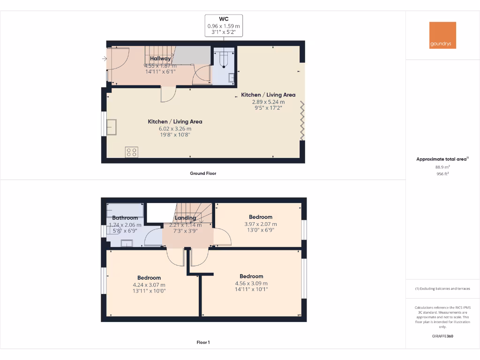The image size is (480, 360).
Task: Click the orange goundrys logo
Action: pos(442,35)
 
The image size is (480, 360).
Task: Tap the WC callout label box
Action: pos(224,26)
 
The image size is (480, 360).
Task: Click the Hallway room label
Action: pos(160,59)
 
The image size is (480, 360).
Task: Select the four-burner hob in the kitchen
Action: pos(132,152)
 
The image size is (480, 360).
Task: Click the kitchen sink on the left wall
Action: pos(112,127)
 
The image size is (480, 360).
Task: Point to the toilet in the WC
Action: pos(224,59)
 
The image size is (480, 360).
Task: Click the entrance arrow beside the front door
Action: pos(104,59)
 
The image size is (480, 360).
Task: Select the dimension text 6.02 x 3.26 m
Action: pos(169,128)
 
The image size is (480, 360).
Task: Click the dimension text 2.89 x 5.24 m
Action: pos(268,102)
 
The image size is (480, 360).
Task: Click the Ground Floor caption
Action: pos(203,173)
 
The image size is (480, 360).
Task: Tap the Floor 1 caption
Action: pos(203,343)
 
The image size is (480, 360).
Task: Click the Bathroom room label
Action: pos(125,218)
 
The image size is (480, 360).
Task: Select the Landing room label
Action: pos(185,218)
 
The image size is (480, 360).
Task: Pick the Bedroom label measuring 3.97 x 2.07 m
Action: pos(261,217)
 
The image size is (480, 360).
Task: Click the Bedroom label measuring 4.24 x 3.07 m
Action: pos(149,278)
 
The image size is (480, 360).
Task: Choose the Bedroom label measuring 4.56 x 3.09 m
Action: pos(251,277)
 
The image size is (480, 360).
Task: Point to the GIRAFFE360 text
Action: pos(442,336)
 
